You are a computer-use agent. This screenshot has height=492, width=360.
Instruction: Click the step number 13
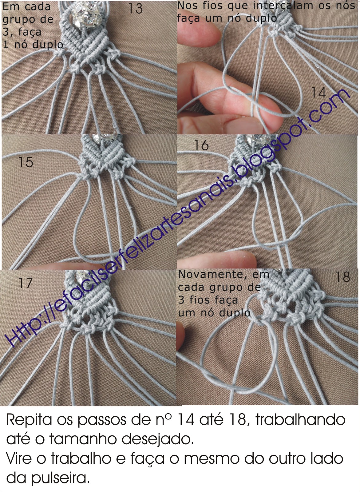[135, 9]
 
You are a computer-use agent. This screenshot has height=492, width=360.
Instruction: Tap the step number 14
[318, 93]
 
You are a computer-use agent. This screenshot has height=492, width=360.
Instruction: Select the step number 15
[26, 162]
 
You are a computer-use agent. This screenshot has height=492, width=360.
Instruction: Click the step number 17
[26, 283]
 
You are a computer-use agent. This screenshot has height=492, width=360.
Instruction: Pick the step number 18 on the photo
[343, 277]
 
